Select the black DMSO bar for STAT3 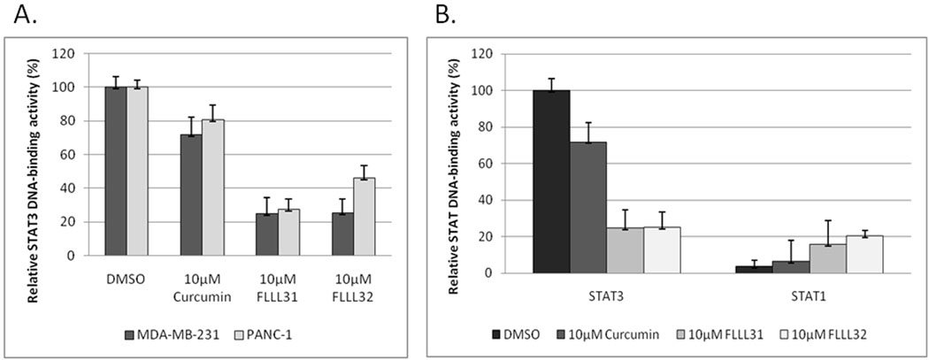[550, 181]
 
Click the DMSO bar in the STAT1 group [754, 269]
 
